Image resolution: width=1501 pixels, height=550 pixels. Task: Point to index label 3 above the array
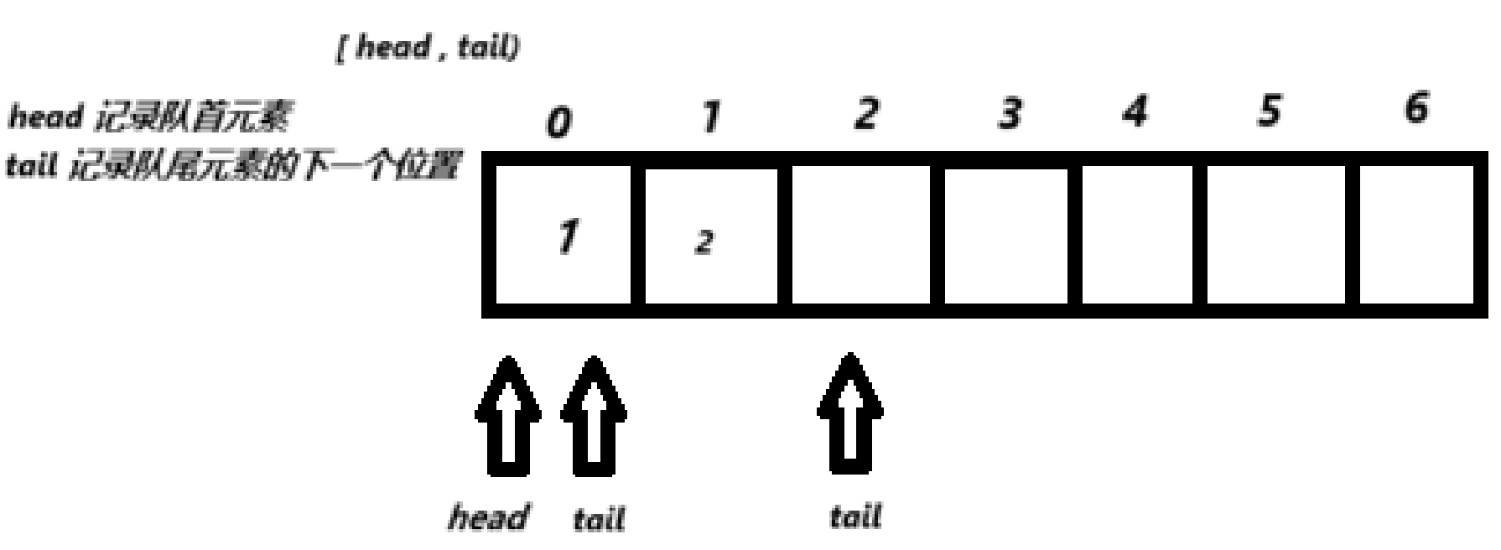pyautogui.click(x=1010, y=113)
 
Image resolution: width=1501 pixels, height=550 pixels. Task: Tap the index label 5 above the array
pyautogui.click(x=1270, y=110)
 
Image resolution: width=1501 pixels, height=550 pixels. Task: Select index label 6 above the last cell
pyautogui.click(x=1415, y=107)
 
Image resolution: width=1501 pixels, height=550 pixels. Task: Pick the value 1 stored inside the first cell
pyautogui.click(x=567, y=236)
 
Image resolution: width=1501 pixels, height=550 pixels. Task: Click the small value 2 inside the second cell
pyautogui.click(x=704, y=242)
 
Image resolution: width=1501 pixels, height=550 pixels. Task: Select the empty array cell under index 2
pyautogui.click(x=860, y=236)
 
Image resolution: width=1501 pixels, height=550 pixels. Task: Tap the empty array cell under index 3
pyautogui.click(x=1006, y=236)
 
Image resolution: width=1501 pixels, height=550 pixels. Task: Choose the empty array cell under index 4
pyautogui.click(x=1137, y=236)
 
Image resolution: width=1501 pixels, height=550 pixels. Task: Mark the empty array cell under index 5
pyautogui.click(x=1275, y=236)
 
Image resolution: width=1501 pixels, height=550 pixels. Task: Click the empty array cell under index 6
pyautogui.click(x=1415, y=236)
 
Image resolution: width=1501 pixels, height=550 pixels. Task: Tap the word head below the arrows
pyautogui.click(x=489, y=516)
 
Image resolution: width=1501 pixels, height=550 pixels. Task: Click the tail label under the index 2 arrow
pyautogui.click(x=855, y=516)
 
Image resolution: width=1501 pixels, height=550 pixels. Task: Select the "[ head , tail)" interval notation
pyautogui.click(x=428, y=47)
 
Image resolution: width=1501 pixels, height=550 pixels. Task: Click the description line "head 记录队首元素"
pyautogui.click(x=148, y=118)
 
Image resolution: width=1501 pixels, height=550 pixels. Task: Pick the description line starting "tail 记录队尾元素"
pyautogui.click(x=232, y=166)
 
